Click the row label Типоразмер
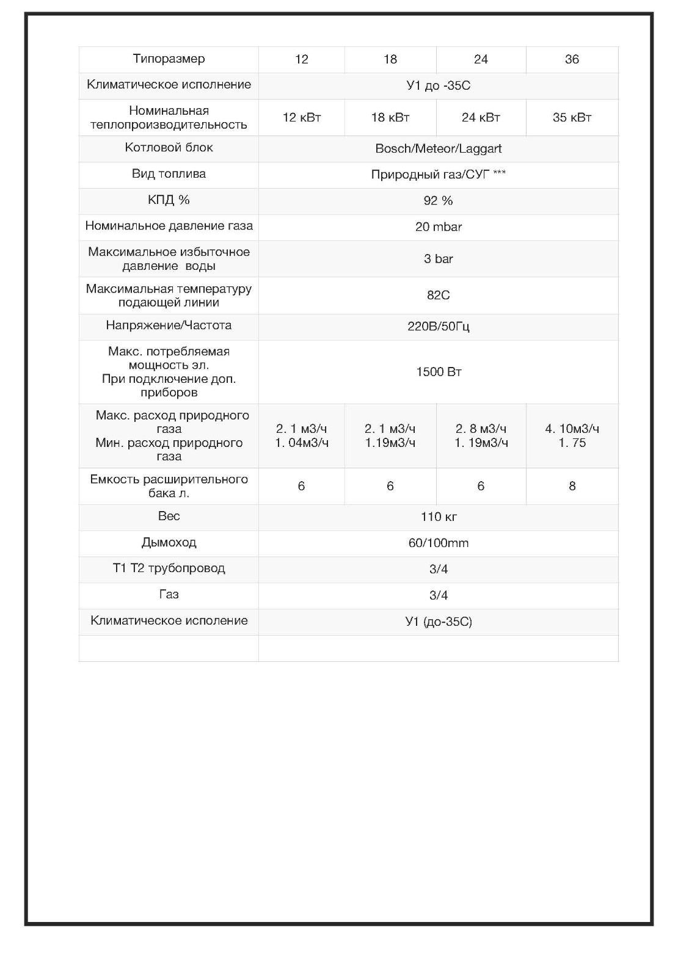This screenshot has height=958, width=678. (x=169, y=59)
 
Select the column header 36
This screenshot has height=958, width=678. (x=572, y=59)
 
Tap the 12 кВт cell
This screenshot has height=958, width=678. (x=301, y=117)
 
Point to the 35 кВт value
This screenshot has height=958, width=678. (x=572, y=117)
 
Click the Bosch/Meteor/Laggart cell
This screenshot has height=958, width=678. (x=438, y=148)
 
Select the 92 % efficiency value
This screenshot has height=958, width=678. (x=438, y=201)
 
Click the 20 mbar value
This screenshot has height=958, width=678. (x=438, y=227)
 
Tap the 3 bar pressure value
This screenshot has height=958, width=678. (x=438, y=259)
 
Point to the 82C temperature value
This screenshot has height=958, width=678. (x=438, y=296)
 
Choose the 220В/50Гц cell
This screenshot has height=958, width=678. (x=438, y=327)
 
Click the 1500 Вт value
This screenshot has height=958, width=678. (x=438, y=372)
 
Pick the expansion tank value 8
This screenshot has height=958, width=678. (x=572, y=486)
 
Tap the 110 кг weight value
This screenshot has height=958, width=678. (x=438, y=517)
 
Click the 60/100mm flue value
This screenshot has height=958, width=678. (x=438, y=543)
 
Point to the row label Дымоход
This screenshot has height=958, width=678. (x=169, y=542)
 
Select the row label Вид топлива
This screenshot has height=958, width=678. (x=169, y=174)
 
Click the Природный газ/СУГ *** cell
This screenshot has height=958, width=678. (x=438, y=175)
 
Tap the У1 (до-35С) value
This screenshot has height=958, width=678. (x=438, y=622)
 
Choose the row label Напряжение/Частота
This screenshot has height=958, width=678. (x=169, y=325)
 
